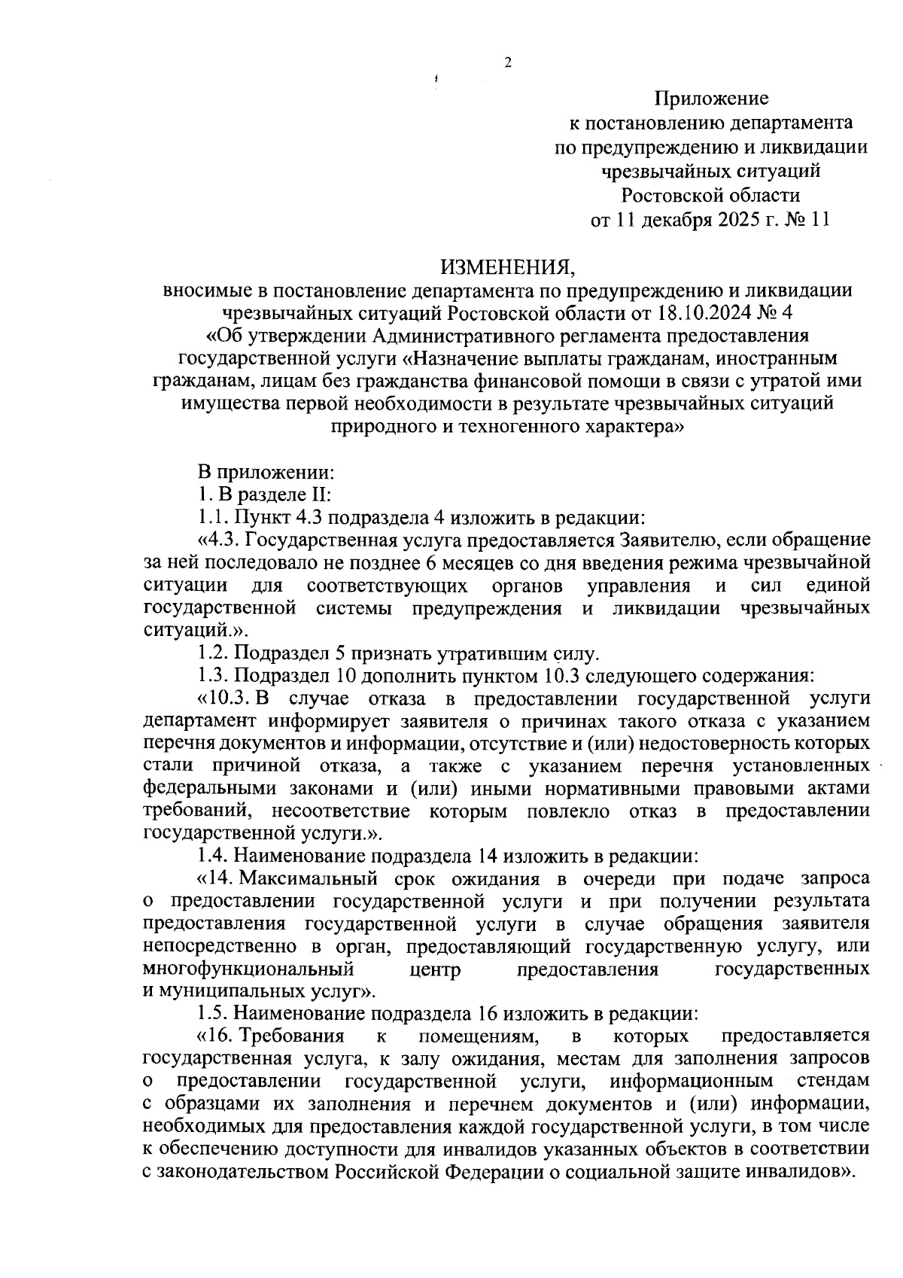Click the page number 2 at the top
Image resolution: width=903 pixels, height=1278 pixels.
click(x=507, y=63)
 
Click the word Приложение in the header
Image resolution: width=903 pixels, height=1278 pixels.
click(x=711, y=98)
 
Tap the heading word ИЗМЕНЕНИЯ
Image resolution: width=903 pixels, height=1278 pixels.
click(x=506, y=267)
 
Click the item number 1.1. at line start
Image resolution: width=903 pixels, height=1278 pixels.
click(x=213, y=518)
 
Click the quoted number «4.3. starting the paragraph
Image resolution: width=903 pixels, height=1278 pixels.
click(x=217, y=540)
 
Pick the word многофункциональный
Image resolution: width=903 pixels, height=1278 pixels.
click(x=248, y=969)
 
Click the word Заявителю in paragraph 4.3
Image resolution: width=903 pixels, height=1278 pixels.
click(x=670, y=540)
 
